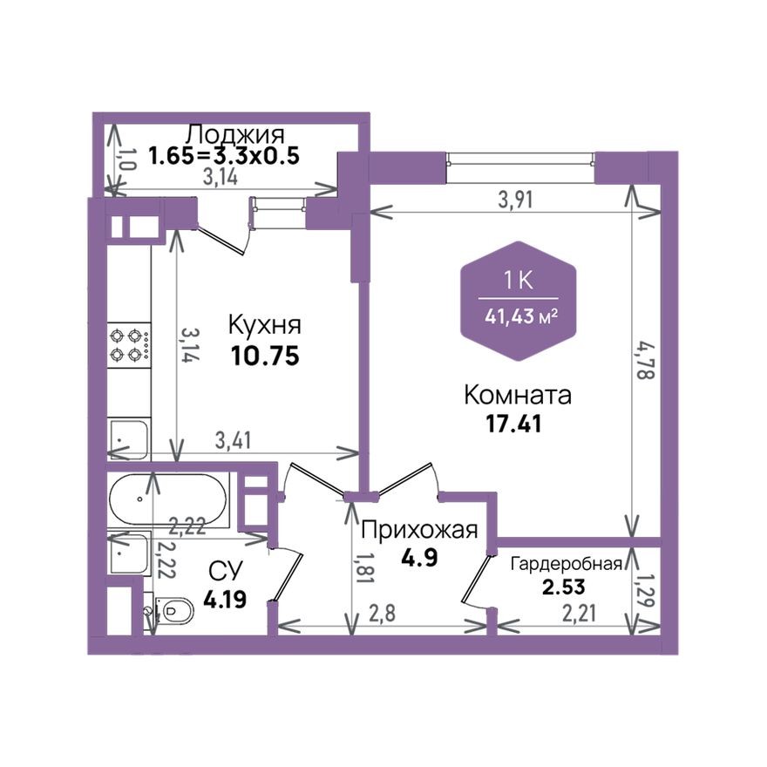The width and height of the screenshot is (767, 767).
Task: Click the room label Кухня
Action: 264,325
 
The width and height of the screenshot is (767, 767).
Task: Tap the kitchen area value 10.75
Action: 264,356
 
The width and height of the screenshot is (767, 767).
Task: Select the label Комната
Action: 518,396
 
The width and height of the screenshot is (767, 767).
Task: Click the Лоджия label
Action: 235,135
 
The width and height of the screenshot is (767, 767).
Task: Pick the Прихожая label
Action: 419,530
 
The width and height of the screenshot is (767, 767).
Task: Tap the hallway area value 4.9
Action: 419,557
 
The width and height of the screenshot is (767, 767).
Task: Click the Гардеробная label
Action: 567,563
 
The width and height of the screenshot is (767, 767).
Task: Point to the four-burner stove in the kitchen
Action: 128,343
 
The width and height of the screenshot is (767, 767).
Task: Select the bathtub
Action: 167,499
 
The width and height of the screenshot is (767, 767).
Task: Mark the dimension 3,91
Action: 515,199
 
